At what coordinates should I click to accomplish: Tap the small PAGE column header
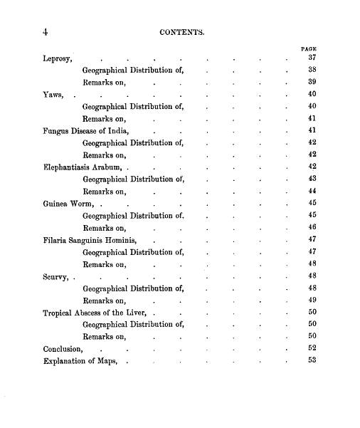pyautogui.click(x=309, y=49)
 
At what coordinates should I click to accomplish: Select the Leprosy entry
pyautogui.click(x=58, y=58)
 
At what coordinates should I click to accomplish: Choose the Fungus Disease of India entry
pyautogui.click(x=88, y=131)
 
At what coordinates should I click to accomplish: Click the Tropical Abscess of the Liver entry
pyautogui.click(x=94, y=313)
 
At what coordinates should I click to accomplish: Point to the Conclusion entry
pyautogui.click(x=63, y=349)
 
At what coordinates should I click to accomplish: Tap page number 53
pyautogui.click(x=311, y=360)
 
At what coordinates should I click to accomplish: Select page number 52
pyautogui.click(x=311, y=348)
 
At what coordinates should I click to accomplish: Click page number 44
pyautogui.click(x=311, y=192)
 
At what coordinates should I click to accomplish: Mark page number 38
pyautogui.click(x=311, y=71)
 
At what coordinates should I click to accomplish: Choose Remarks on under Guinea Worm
pyautogui.click(x=104, y=228)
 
